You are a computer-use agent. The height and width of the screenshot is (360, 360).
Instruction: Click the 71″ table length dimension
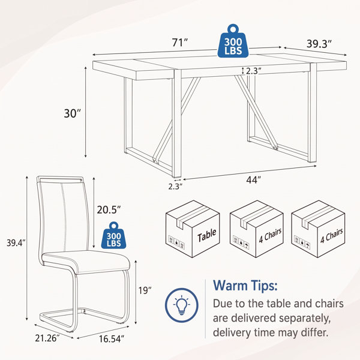tap(180, 43)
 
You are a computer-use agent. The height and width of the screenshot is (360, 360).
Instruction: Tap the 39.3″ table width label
tap(319, 44)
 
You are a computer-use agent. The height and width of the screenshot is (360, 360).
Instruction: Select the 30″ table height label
tap(73, 113)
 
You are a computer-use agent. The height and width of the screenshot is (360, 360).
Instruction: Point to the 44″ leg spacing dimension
tap(253, 180)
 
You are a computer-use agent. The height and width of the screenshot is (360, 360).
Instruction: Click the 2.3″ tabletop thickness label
tap(253, 71)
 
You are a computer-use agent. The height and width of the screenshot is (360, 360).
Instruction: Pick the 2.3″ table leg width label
tap(175, 187)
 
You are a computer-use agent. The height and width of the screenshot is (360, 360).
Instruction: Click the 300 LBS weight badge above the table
tap(233, 41)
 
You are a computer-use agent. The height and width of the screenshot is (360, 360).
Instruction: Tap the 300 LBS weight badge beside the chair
tap(113, 236)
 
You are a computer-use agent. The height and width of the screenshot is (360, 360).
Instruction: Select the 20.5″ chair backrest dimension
tap(109, 209)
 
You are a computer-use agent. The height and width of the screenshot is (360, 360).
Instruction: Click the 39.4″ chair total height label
tap(16, 242)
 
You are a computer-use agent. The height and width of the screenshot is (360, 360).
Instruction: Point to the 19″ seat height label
tap(145, 290)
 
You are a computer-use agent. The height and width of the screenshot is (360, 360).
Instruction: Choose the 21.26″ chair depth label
tap(47, 338)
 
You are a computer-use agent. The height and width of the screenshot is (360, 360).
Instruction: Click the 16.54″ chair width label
tap(112, 338)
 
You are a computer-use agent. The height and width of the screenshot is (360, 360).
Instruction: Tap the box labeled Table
tap(193, 229)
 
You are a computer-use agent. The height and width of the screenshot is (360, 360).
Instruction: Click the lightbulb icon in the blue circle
tap(182, 305)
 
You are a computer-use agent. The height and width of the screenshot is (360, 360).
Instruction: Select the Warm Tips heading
tap(245, 286)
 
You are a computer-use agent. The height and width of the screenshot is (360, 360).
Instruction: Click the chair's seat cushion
tap(86, 262)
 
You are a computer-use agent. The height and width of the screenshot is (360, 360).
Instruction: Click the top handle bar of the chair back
tap(60, 178)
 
